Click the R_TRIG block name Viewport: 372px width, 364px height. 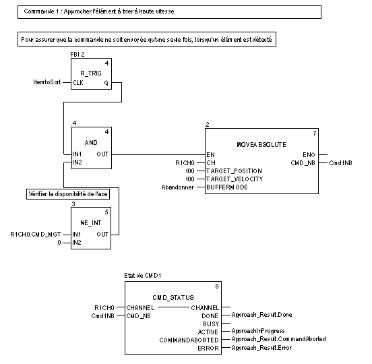pyautogui.click(x=91, y=73)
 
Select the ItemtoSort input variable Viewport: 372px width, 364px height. pyautogui.click(x=47, y=82)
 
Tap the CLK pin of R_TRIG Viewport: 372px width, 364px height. pyautogui.click(x=77, y=83)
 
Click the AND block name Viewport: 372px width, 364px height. pyautogui.click(x=91, y=143)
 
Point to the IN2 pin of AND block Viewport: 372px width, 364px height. pyautogui.click(x=77, y=162)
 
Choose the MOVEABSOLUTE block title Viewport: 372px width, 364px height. pyautogui.click(x=261, y=145)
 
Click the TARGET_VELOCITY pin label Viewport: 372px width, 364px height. pyautogui.click(x=235, y=179)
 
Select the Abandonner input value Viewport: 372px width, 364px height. pyautogui.click(x=178, y=187)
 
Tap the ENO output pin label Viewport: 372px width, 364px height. pyautogui.click(x=309, y=155)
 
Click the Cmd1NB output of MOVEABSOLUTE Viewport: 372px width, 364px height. pyautogui.click(x=341, y=163)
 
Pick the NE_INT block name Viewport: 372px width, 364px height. pyautogui.click(x=91, y=223)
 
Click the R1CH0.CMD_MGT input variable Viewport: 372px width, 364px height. pyautogui.click(x=36, y=235)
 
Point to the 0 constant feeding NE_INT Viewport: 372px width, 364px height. pyautogui.click(x=59, y=243)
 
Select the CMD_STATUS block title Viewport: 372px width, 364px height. pyautogui.click(x=173, y=297)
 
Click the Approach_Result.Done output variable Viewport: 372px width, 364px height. pyautogui.click(x=261, y=315)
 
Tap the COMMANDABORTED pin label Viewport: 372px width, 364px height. pyautogui.click(x=189, y=340)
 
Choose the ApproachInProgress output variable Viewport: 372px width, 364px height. pyautogui.click(x=258, y=331)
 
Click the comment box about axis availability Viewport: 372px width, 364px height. pyautogui.click(x=68, y=194)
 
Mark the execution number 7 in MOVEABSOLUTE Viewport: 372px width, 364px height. pyautogui.click(x=315, y=133)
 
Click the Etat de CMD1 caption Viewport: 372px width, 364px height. pyautogui.click(x=143, y=276)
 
